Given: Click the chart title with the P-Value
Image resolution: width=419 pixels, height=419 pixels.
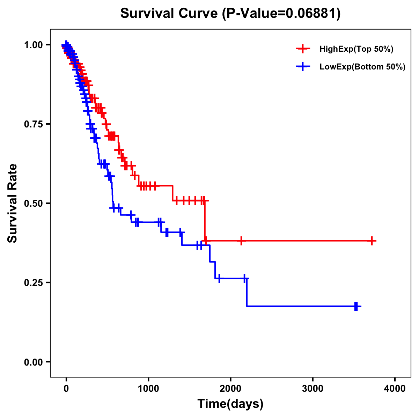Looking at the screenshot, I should tap(230, 13).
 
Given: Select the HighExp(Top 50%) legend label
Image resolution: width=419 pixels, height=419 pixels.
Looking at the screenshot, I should tap(356, 49).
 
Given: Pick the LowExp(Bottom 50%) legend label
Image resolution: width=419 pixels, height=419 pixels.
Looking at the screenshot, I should tap(362, 67).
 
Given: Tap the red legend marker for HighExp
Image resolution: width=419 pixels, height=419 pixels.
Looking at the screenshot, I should tap(303, 49).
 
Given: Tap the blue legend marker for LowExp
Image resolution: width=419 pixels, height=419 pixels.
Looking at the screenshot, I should tap(303, 67).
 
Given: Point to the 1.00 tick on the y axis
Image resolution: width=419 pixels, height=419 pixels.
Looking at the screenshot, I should tap(34, 45).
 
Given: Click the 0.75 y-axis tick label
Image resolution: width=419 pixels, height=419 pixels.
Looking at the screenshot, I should tap(34, 124).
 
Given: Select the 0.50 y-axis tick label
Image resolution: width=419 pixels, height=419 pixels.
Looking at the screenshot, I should tap(34, 203).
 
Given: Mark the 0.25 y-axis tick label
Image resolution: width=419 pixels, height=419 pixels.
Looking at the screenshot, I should tap(34, 282).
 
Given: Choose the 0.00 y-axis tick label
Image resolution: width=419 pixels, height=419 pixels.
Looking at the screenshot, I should tap(34, 362).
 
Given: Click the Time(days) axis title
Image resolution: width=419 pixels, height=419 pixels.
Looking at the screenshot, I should tap(230, 404).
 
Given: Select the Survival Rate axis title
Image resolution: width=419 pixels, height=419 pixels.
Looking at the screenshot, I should tap(13, 203).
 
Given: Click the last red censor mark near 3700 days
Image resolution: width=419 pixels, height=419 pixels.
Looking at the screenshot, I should tap(372, 241).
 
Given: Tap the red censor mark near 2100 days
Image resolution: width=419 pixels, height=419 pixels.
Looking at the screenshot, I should tap(241, 241).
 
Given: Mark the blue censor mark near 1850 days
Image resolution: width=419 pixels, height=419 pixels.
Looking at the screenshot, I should tap(219, 279).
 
